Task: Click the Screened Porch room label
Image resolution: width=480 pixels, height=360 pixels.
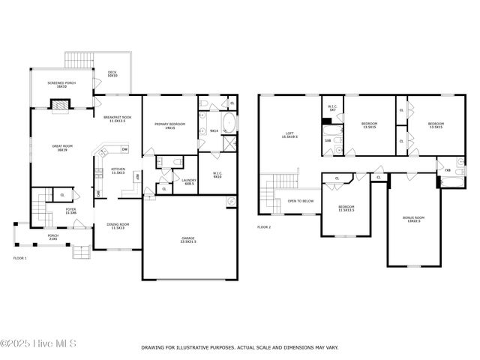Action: pos(61,85)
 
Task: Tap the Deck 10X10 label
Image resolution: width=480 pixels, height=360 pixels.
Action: pos(112,73)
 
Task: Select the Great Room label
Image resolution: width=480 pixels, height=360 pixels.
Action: pos(61,148)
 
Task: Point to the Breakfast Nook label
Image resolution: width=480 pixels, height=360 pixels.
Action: pos(118,119)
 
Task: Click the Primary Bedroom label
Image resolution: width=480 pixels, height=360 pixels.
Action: pos(165,126)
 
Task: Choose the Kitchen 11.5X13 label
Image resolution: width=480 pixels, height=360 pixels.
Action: pos(117,171)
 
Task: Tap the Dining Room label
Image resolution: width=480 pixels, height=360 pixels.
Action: pos(118,226)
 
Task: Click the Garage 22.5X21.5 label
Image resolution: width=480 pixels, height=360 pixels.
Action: pos(187,240)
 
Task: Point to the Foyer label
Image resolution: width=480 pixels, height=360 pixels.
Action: pos(70,211)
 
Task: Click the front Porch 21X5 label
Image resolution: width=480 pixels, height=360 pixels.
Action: pos(53,236)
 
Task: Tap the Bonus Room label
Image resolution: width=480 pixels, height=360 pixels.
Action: pos(413,219)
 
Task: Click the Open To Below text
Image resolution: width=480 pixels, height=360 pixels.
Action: pos(300,201)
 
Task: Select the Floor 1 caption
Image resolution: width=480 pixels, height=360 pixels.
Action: pos(20,258)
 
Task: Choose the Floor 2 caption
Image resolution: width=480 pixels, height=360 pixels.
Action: pos(264,226)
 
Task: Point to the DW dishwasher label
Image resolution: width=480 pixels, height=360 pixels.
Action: pos(124,150)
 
